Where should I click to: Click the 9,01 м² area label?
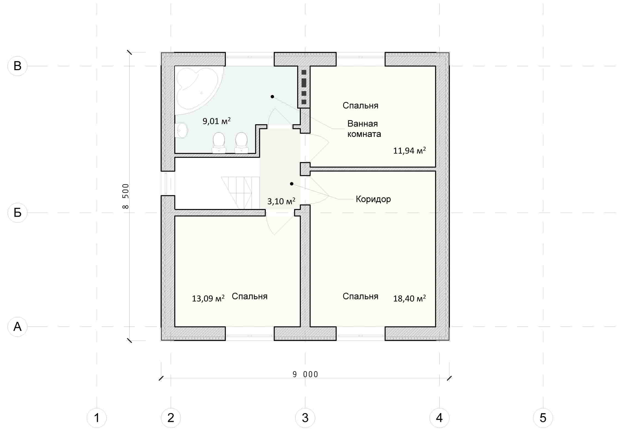(x=217, y=121)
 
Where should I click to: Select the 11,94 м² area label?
(x=409, y=150)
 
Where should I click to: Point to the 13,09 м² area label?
(x=208, y=298)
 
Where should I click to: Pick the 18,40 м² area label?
(x=409, y=298)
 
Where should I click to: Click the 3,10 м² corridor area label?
(x=281, y=201)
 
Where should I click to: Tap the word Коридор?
(x=373, y=199)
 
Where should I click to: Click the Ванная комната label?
(x=364, y=129)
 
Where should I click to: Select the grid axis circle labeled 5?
(x=543, y=418)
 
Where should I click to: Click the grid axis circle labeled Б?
(x=17, y=213)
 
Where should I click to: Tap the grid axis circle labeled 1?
(x=97, y=418)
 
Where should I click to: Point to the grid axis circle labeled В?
(x=17, y=66)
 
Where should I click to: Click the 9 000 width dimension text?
(x=305, y=374)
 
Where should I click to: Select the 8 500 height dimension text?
(x=125, y=196)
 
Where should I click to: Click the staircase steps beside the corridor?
(x=236, y=193)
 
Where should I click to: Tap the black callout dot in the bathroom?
(x=272, y=97)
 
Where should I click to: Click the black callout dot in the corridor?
(x=292, y=184)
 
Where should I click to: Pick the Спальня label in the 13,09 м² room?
(x=249, y=296)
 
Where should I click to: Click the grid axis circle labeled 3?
(x=305, y=418)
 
